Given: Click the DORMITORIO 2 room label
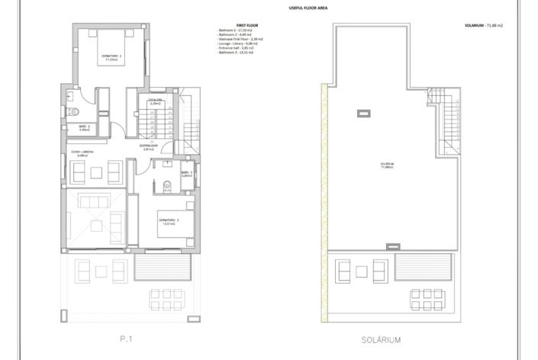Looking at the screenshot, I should coord(111,57).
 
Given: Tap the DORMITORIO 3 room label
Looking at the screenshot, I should coord(169,221).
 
